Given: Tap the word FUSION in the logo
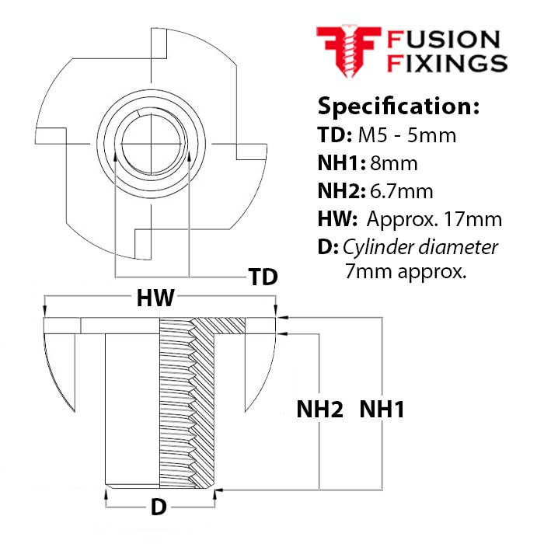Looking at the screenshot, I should click(443, 39).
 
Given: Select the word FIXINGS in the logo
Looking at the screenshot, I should click(447, 62).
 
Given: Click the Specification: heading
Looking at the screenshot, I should click(398, 106).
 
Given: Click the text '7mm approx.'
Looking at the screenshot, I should click(404, 272).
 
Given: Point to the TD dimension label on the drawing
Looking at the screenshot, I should click(262, 277).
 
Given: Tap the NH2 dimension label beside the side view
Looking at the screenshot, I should click(319, 410).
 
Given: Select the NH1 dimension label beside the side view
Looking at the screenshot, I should click(381, 410).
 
